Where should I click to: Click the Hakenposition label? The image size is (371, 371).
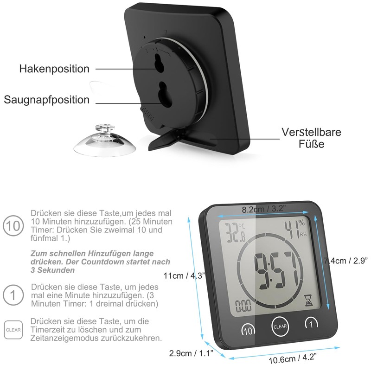coord(54,69)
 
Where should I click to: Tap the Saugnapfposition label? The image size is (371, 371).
coord(47,100)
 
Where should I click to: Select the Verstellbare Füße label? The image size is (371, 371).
coord(311,138)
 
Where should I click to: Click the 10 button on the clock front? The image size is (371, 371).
coord(248,330)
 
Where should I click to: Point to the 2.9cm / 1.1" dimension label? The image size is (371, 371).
coord(191,354)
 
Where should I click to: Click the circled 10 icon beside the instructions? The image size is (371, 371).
coord(13,226)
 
